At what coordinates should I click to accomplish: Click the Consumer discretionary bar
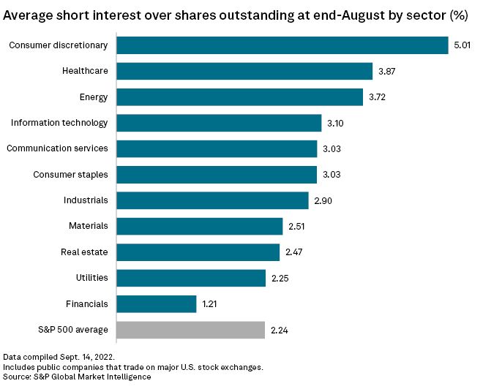[282, 45]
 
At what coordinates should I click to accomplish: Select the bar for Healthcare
[244, 71]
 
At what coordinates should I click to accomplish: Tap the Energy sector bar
[239, 97]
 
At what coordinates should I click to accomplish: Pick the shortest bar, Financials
[157, 303]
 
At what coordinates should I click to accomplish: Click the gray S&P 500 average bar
[190, 330]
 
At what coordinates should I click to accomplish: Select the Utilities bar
[190, 278]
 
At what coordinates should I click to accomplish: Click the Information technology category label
[59, 123]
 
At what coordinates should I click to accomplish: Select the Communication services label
[57, 148]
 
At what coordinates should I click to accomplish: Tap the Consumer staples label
[71, 174]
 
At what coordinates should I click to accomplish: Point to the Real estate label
[84, 252]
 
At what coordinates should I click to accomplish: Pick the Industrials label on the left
[86, 200]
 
